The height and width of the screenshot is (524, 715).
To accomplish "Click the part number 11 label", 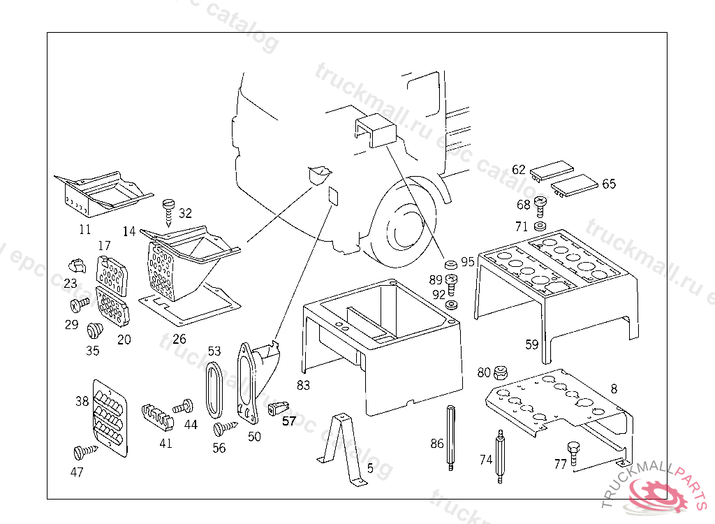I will click(x=84, y=228).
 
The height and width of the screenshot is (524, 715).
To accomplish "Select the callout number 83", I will click(x=303, y=385).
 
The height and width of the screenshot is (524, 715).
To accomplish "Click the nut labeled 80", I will click(x=500, y=372).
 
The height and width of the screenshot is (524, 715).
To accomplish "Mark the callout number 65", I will click(x=609, y=184).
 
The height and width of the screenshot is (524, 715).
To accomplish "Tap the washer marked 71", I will click(x=540, y=227).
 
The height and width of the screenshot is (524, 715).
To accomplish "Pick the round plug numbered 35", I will click(x=93, y=330).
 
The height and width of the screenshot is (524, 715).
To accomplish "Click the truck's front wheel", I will click(x=402, y=224).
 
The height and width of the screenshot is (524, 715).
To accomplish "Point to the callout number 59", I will click(x=531, y=344).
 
